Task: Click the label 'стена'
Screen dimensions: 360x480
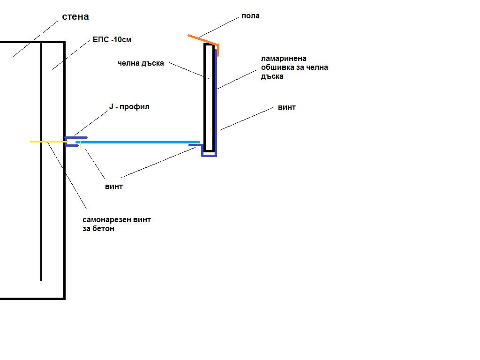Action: pos(75,17)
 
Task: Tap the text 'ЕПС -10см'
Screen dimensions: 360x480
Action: pos(112,40)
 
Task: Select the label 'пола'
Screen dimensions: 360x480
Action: pos(250,16)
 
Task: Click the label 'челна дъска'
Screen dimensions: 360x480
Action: pos(141,63)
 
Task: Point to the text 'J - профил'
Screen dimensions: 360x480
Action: pos(129,107)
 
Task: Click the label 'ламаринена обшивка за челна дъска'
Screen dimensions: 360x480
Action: pos(294,67)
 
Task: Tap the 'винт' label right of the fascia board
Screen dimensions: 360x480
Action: pos(287,107)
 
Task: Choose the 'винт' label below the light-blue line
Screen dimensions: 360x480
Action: pos(114,186)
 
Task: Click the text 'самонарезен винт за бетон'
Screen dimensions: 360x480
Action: pos(117,224)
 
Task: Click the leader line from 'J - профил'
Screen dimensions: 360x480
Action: pos(91,123)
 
